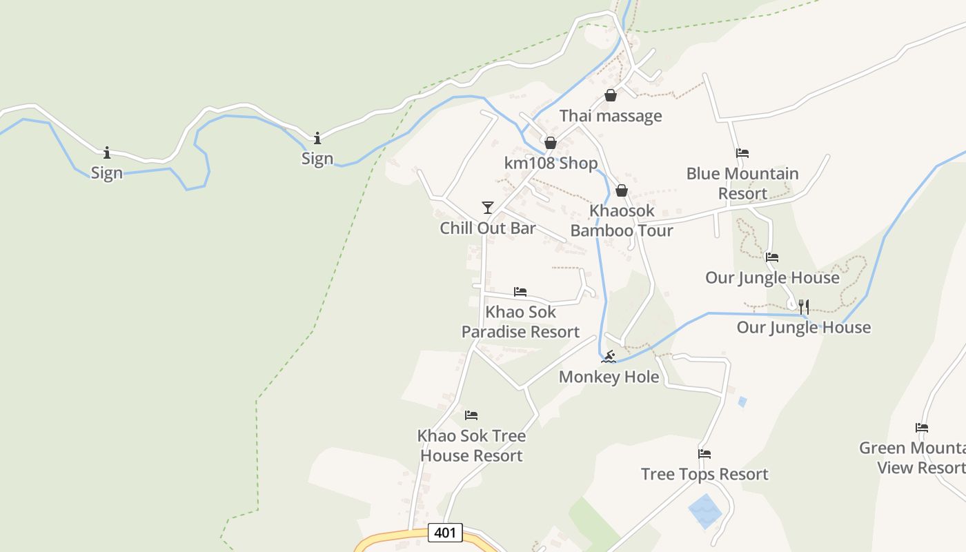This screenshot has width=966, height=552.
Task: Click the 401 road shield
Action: click(445, 533)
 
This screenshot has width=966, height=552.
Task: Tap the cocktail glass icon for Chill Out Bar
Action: click(488, 208)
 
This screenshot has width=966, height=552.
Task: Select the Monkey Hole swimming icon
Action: click(608, 357)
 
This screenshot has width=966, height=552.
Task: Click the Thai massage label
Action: click(611, 116)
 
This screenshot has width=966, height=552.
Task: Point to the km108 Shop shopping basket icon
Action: click(551, 144)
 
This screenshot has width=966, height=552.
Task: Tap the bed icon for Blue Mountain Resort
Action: click(742, 153)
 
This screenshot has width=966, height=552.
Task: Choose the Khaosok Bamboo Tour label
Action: click(622, 221)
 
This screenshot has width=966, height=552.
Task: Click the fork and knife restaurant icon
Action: click(804, 307)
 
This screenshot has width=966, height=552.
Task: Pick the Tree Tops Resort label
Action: click(704, 474)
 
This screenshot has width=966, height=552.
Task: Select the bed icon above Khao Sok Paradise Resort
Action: click(520, 292)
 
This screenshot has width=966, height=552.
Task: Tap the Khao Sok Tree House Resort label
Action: click(471, 446)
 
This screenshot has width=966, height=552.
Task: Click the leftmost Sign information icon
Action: click(107, 152)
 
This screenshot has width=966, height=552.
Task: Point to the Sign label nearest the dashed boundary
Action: click(317, 159)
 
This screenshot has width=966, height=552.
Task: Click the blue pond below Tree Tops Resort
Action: click(704, 511)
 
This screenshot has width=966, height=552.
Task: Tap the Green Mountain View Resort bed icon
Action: click(921, 428)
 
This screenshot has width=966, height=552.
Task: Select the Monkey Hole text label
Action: click(609, 377)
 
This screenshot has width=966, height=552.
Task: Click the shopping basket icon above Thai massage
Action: click(611, 96)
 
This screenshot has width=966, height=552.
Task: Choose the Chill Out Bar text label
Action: click(488, 228)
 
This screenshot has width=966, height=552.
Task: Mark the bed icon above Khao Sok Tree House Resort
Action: click(471, 415)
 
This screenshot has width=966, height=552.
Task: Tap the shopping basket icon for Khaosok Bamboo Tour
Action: click(622, 190)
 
